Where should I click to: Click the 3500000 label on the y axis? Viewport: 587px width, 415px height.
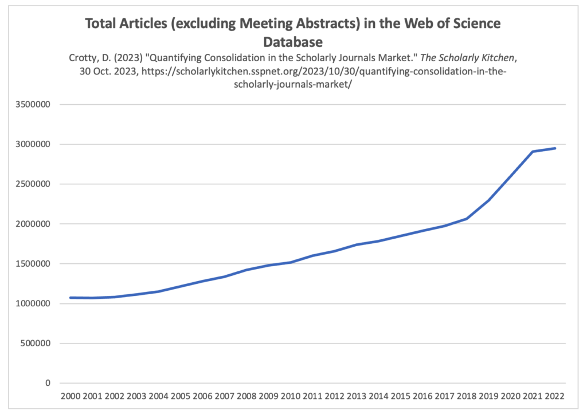tap(33, 105)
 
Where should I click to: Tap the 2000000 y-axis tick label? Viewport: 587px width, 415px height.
tap(33, 224)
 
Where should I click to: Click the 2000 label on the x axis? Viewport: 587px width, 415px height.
tap(70, 397)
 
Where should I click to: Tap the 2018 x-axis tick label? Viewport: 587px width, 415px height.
tap(467, 397)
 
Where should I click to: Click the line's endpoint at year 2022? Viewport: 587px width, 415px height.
tap(555, 148)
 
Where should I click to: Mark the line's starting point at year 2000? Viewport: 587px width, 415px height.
tap(70, 298)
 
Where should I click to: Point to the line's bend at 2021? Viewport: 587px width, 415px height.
tap(533, 152)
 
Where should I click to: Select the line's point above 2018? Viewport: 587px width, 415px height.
tap(467, 219)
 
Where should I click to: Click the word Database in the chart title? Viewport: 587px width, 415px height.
tap(293, 42)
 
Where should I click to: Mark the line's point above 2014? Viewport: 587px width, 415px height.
tap(378, 241)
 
